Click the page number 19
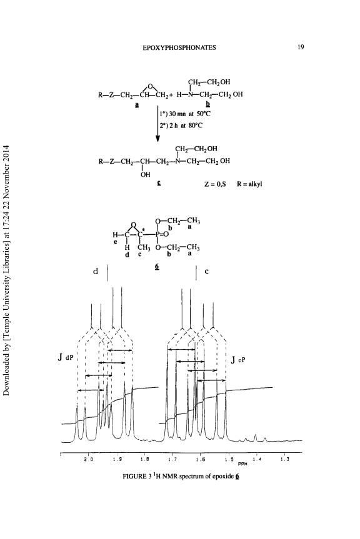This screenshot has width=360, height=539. pyautogui.click(x=301, y=47)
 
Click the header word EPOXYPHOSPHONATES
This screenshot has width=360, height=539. pyautogui.click(x=179, y=48)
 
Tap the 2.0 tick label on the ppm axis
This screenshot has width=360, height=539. pyautogui.click(x=89, y=459)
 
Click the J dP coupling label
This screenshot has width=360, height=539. pyautogui.click(x=66, y=357)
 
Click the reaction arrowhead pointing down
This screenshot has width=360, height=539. pyautogui.click(x=157, y=138)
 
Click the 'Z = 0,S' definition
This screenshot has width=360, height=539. pyautogui.click(x=215, y=184)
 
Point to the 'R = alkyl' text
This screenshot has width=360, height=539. pyautogui.click(x=249, y=184)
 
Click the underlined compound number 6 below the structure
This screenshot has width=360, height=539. pyautogui.click(x=157, y=267)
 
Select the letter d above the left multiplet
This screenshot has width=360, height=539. pyautogui.click(x=96, y=271)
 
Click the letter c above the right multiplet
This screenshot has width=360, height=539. pyautogui.click(x=206, y=271)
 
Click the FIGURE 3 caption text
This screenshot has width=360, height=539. pyautogui.click(x=181, y=476)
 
